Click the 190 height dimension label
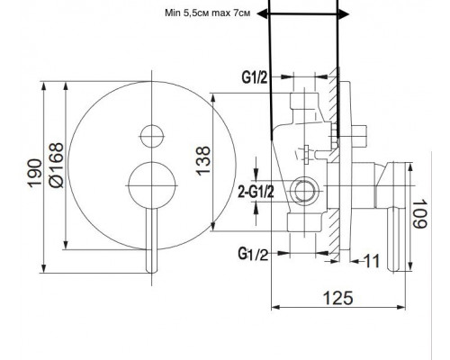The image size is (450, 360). [x=34, y=174]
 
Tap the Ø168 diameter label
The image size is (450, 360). [x=57, y=166]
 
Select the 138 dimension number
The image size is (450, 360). [x=203, y=161]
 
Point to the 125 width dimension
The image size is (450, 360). [x=337, y=298]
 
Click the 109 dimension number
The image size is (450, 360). [x=419, y=213]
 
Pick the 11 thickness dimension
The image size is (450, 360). [x=372, y=261]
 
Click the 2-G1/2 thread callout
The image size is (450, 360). [x=256, y=192]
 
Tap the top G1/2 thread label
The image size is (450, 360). [x=255, y=77]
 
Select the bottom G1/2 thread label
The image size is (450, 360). [x=253, y=254]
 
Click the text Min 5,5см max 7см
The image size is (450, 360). [x=207, y=13]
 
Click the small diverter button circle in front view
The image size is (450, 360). [x=152, y=136]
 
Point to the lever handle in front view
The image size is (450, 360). [x=151, y=240]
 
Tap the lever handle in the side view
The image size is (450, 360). [x=396, y=239]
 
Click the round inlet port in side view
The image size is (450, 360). [x=306, y=191]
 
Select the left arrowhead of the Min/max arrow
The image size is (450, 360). [x=263, y=13]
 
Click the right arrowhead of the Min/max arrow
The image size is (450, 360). [x=344, y=13]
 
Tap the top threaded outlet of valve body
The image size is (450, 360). [x=304, y=101]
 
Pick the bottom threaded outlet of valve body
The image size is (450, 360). [x=303, y=222]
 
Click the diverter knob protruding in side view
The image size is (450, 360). [x=358, y=136]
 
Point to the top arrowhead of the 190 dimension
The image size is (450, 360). [x=44, y=86]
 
